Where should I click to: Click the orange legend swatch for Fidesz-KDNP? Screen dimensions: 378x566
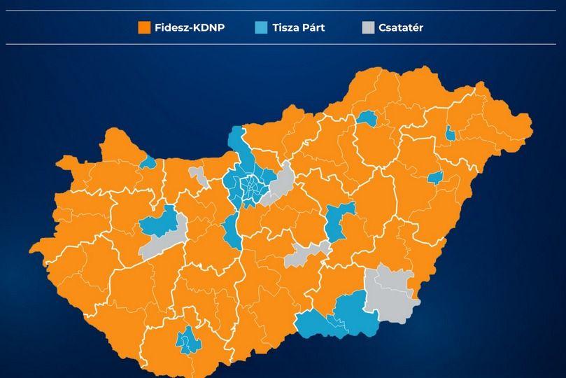[x=144, y=28]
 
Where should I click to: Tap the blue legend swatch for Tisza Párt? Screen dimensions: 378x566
[x=261, y=28]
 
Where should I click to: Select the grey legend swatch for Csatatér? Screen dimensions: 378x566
[x=368, y=28]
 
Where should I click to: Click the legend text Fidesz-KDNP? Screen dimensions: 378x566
[x=190, y=28]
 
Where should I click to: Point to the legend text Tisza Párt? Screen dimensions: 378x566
[x=299, y=28]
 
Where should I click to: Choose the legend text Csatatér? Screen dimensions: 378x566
[x=401, y=28]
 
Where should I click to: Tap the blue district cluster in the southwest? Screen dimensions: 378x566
[x=187, y=341]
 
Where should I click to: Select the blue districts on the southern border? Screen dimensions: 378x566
[x=336, y=316]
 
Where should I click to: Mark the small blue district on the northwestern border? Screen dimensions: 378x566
[x=148, y=163]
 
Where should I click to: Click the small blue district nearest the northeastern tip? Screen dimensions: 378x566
[x=450, y=134]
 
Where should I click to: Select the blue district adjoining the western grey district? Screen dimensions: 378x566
[x=159, y=223]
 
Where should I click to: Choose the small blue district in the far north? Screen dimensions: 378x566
[x=366, y=118]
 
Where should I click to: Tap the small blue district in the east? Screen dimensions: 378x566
[x=436, y=177]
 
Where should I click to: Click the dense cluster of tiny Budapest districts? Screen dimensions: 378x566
[x=250, y=185]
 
